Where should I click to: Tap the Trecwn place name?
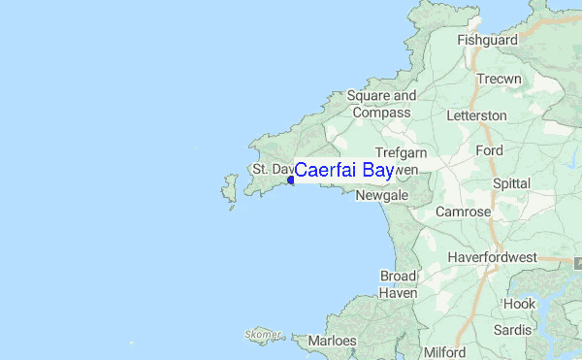point(501,78)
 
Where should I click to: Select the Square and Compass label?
point(381,105)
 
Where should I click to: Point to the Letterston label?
point(476,115)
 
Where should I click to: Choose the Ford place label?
point(490,151)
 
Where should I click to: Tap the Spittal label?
point(511,182)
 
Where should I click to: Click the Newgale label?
point(381,195)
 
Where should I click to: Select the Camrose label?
point(463,212)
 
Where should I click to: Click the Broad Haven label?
point(398,284)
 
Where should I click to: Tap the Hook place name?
point(519,304)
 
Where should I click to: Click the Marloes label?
point(334,341)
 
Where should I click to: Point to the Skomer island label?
point(263,335)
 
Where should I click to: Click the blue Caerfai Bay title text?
point(343,171)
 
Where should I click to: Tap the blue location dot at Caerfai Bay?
point(290,180)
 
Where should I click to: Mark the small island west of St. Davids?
point(230,190)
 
